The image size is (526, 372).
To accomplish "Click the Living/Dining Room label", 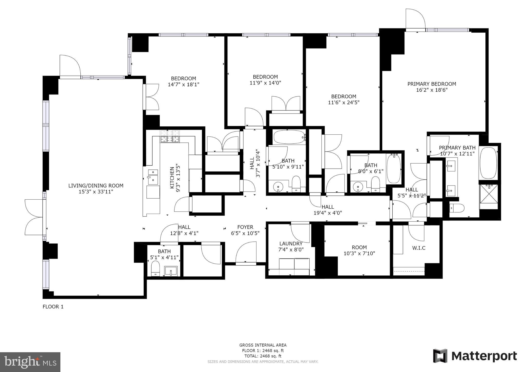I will tap(96, 185).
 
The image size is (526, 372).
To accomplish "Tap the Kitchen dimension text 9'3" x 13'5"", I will tap(178, 178).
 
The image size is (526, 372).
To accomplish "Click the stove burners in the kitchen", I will tap(170, 136).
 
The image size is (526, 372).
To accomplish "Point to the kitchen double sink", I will tap(153, 176).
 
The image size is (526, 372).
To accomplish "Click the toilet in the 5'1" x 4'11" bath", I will tap(155, 268).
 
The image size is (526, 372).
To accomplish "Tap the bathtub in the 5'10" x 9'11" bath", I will tap(289, 137).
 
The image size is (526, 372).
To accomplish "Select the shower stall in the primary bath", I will tap(488, 197).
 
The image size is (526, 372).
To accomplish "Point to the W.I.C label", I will tap(419, 248).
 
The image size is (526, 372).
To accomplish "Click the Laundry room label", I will tap(291, 244).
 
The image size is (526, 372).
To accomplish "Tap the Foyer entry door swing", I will tap(246, 253).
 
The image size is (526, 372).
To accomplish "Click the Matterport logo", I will tap(475, 356).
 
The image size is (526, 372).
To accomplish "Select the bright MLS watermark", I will tap(30, 362).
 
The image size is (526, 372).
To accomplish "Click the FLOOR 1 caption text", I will tap(53, 306).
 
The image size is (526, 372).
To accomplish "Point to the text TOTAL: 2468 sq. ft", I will tap(263, 356).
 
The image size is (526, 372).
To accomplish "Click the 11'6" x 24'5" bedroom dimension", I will tap(344, 103).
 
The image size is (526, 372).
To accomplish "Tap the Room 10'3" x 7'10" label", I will tap(359, 250).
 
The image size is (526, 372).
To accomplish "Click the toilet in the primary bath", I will tap(457, 208).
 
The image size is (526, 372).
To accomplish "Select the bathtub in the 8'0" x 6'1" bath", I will tap(394, 168).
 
